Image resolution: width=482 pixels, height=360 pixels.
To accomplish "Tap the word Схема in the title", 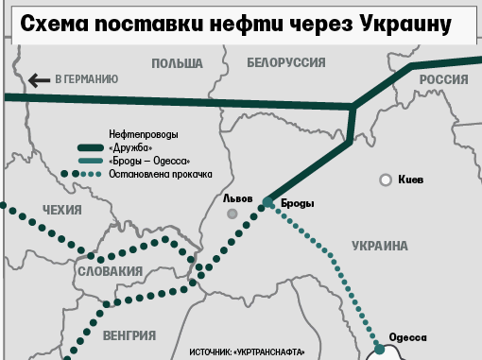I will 59,23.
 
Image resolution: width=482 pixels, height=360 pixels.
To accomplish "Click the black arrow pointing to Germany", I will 40,80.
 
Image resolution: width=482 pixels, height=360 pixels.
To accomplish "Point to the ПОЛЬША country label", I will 177,63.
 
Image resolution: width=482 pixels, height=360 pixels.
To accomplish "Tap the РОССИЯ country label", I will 444,80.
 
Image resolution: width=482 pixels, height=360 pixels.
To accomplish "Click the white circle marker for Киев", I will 386,180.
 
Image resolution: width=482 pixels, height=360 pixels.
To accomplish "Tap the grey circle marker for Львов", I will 232,214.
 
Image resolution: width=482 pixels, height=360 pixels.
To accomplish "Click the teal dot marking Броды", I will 268,203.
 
